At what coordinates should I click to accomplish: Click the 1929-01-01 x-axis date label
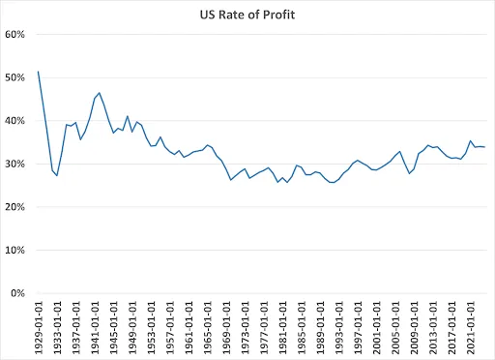[x=39, y=327]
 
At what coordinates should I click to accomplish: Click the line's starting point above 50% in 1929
[x=38, y=71]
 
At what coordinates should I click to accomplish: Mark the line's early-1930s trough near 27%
[x=57, y=175]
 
